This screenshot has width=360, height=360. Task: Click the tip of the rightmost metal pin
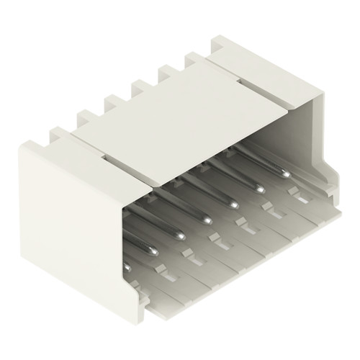(287, 174)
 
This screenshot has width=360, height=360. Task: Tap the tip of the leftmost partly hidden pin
(128, 267)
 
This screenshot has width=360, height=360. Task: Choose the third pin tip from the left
(179, 235)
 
